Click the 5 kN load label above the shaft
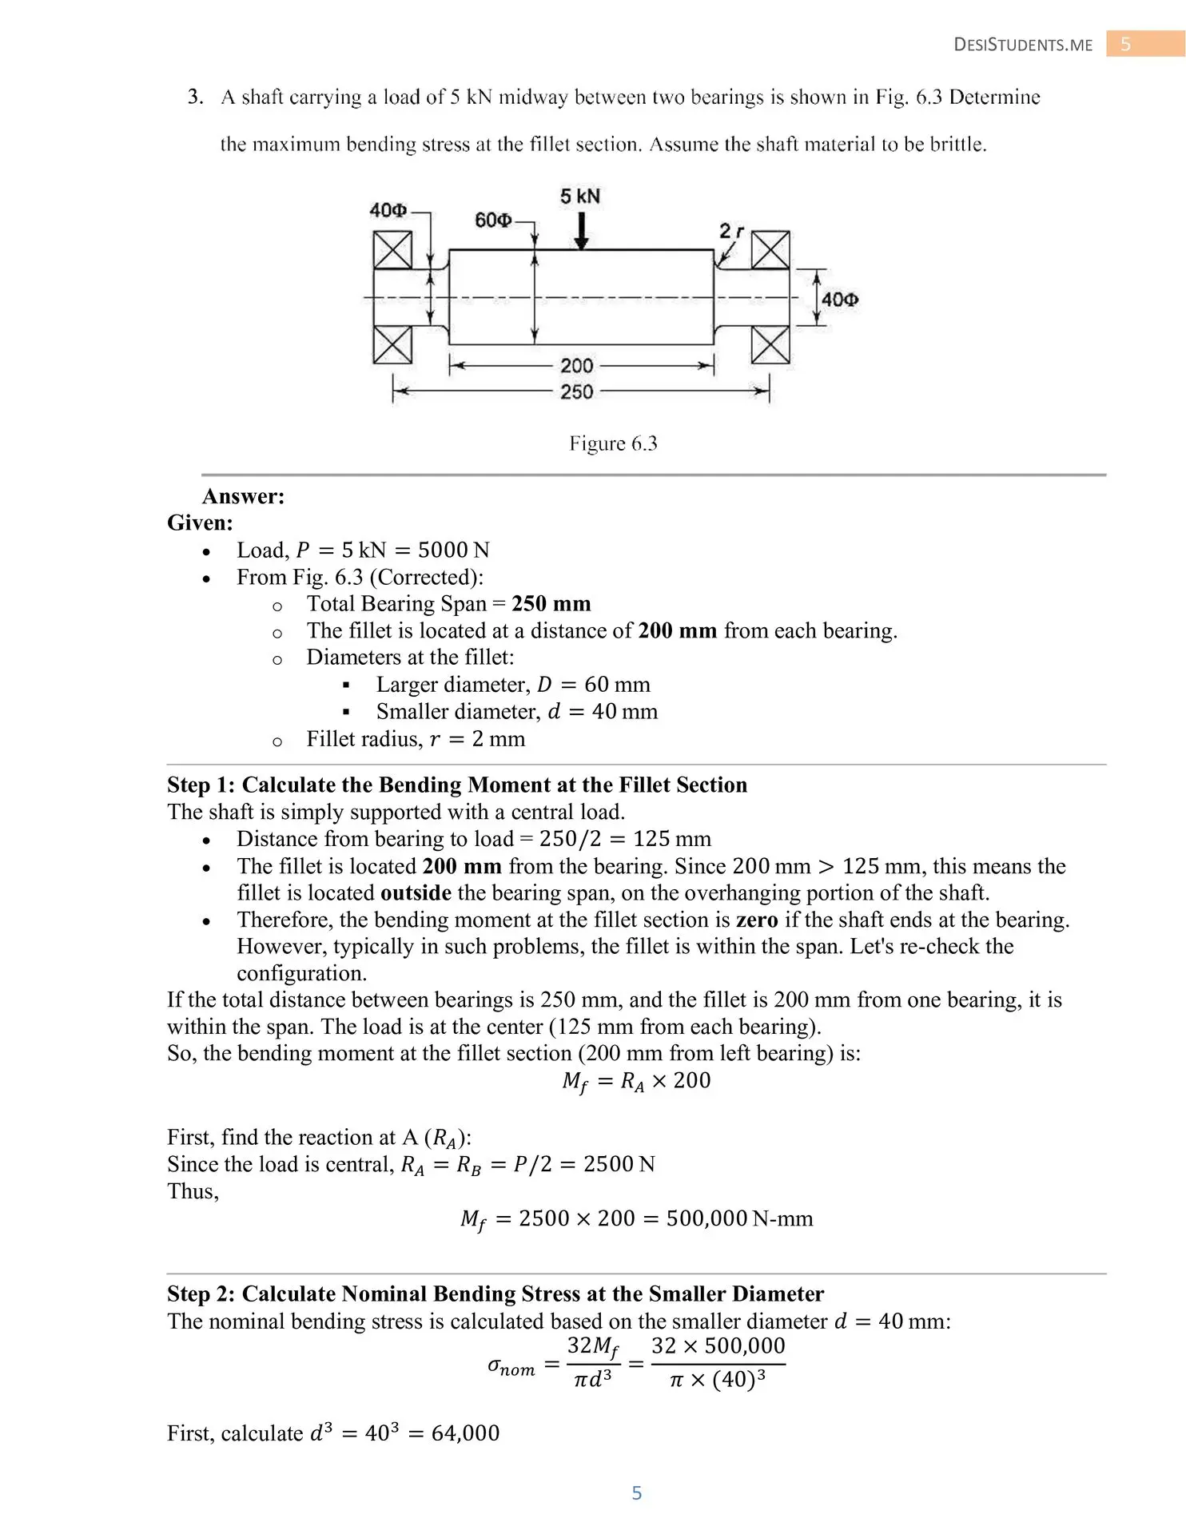pyautogui.click(x=580, y=197)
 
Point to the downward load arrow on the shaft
pyautogui.click(x=582, y=231)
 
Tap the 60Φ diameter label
pyautogui.click(x=492, y=220)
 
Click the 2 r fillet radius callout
pyautogui.click(x=730, y=232)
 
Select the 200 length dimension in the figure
pyautogui.click(x=576, y=366)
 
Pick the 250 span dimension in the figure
pyautogui.click(x=576, y=391)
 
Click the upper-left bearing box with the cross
pyautogui.click(x=392, y=250)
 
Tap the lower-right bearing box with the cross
pyautogui.click(x=770, y=345)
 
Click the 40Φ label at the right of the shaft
pyautogui.click(x=840, y=300)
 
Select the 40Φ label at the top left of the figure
pyautogui.click(x=388, y=210)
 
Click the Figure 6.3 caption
pyautogui.click(x=613, y=443)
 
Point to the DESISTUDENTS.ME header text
pyautogui.click(x=1023, y=45)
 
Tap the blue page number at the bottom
pyautogui.click(x=636, y=1492)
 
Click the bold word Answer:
pyautogui.click(x=244, y=496)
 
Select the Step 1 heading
pyautogui.click(x=456, y=785)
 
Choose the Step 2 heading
pyautogui.click(x=495, y=1294)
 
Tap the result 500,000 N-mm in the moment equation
pyautogui.click(x=738, y=1218)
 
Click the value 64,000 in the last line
pyautogui.click(x=465, y=1433)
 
